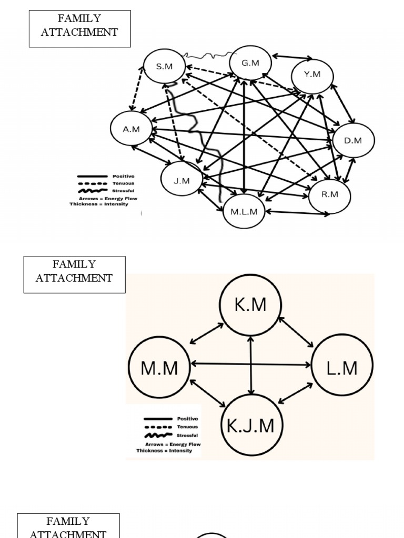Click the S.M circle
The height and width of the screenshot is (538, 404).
pyautogui.click(x=164, y=66)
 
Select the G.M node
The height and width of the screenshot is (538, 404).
pyautogui.click(x=250, y=63)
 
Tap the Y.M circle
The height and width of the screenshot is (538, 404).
pyautogui.click(x=312, y=75)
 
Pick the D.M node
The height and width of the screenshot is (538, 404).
pyautogui.click(x=353, y=140)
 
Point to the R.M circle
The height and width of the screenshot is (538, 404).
pyautogui.click(x=329, y=195)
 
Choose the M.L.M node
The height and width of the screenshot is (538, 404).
pyautogui.click(x=244, y=212)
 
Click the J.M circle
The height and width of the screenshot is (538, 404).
pyautogui.click(x=181, y=181)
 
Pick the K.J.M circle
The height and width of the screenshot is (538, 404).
pyautogui.click(x=250, y=425)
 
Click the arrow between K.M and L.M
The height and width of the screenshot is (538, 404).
pyautogui.click(x=296, y=333)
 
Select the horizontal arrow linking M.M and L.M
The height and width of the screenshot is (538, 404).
pyautogui.click(x=251, y=363)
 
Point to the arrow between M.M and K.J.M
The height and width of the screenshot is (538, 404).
pyautogui.click(x=208, y=394)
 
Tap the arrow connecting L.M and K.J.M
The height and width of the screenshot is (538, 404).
pyautogui.click(x=295, y=394)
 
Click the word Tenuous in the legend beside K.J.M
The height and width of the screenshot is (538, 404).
pyautogui.click(x=187, y=427)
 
